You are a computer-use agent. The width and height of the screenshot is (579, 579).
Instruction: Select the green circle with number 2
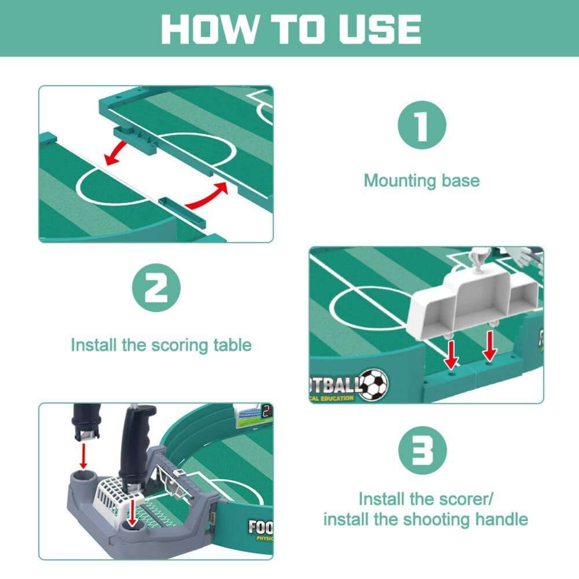[156, 288]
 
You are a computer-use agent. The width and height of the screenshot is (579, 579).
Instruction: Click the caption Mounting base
[422, 181]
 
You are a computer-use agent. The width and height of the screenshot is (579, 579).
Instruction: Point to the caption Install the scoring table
[161, 345]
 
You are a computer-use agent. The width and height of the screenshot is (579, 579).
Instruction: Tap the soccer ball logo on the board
[374, 384]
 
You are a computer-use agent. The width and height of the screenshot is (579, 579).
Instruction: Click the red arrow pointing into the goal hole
[133, 511]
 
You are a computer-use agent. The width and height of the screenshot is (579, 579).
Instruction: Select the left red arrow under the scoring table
[451, 354]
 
